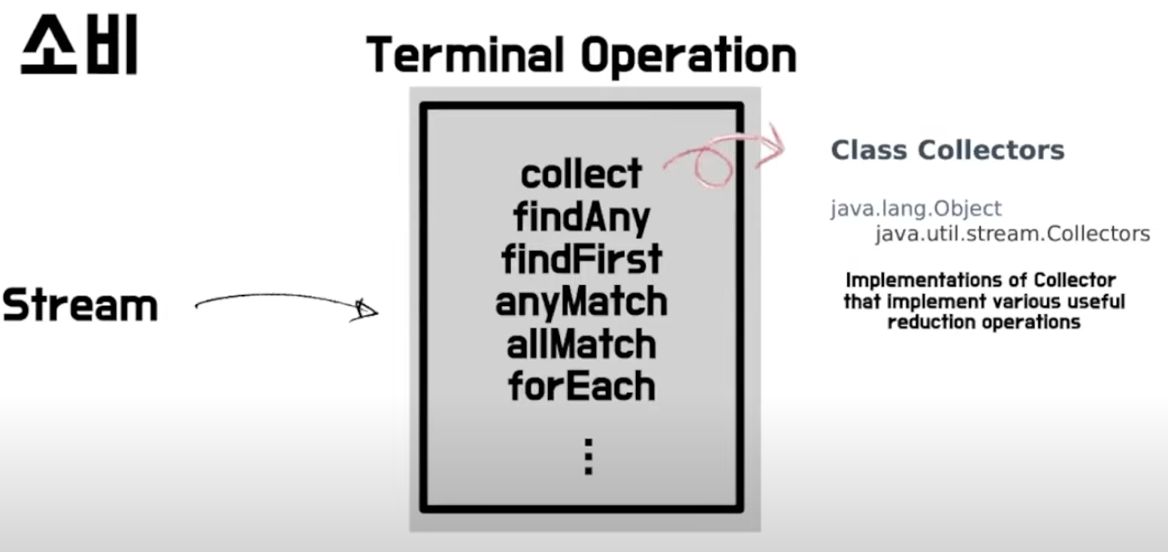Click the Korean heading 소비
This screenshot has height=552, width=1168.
[79, 47]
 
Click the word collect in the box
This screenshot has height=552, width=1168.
[581, 174]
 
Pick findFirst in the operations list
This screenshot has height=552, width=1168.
[581, 259]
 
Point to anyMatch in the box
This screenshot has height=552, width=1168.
[581, 302]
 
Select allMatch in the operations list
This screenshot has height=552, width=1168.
[581, 344]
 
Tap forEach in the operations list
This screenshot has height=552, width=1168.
[581, 387]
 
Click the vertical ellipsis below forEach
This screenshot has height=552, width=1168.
[589, 456]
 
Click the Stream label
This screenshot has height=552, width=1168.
[80, 306]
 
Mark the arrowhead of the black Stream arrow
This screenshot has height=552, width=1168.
[365, 311]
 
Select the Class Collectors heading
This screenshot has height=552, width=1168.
[947, 150]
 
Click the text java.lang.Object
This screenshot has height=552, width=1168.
[915, 208]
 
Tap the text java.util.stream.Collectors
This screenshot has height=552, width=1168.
[1012, 234]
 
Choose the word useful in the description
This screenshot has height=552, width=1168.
[1097, 302]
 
